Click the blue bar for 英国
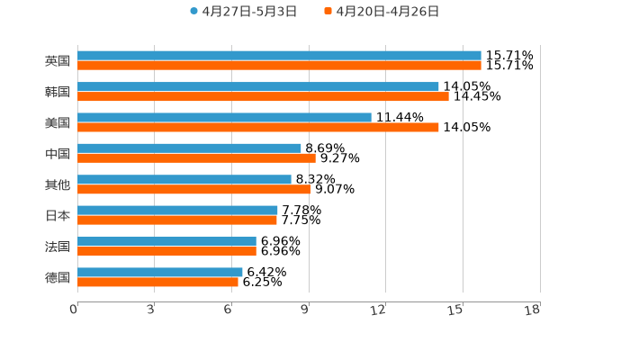pos(279,56)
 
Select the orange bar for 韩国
pos(263,96)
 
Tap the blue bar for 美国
pos(224,117)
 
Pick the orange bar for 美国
pos(258,128)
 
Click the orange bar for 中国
pos(196,158)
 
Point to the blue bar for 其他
pos(184,179)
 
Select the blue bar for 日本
pos(177,210)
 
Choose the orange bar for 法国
pos(166,251)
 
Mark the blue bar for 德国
pos(160,272)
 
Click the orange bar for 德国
pos(157,282)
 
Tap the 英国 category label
pos(58,61)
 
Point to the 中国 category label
pos(58,154)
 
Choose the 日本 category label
pos(58,215)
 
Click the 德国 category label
pos(58,277)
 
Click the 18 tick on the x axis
pos(533,310)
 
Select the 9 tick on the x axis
pos(305,310)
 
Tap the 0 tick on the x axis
pos(74,310)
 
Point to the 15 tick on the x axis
pos(455,310)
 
